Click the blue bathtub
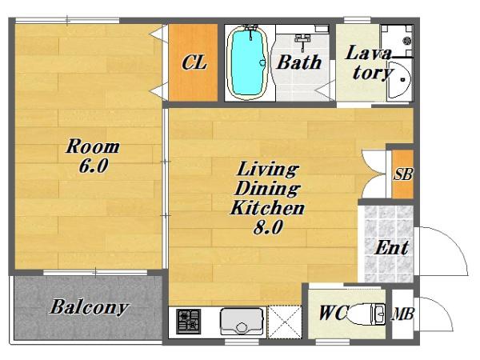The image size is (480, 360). [248, 62]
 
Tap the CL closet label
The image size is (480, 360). [194, 62]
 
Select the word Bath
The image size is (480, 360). [299, 62]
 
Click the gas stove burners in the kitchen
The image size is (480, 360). [189, 322]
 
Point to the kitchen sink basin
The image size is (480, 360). [242, 322]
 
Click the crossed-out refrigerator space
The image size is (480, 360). [285, 322]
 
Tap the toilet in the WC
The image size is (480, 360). [366, 314]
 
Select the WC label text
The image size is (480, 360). [333, 313]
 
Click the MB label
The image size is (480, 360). [403, 314]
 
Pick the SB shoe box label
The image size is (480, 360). [403, 174]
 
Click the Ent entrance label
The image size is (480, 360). [392, 248]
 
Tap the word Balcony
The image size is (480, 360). [89, 307]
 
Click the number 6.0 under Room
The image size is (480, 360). [94, 166]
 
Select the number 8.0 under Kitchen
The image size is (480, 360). [268, 227]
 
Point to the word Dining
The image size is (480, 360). [267, 189]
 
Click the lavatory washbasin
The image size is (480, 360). [399, 80]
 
